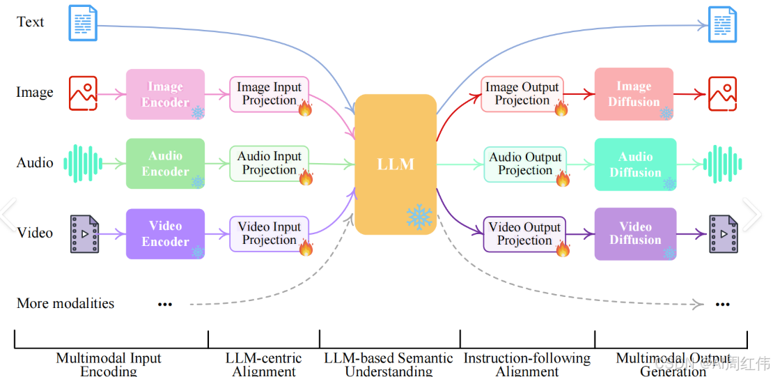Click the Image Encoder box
(165, 94)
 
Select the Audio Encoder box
(165, 163)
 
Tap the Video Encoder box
(165, 233)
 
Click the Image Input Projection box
(269, 94)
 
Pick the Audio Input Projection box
(269, 163)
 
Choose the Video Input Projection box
(269, 233)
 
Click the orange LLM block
(396, 164)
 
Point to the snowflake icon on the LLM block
(419, 217)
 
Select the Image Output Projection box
(522, 94)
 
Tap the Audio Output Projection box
(525, 164)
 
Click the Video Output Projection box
(524, 234)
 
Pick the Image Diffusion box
(634, 94)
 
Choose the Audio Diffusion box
(635, 164)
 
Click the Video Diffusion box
(635, 233)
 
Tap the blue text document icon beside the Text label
(83, 22)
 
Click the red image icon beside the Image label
(83, 93)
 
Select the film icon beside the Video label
(84, 233)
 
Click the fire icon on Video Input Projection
(305, 247)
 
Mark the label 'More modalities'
(65, 303)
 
